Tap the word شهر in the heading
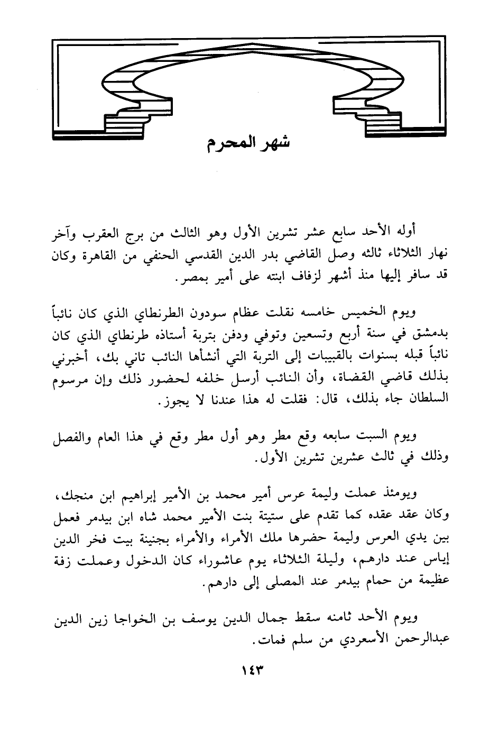276,143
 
